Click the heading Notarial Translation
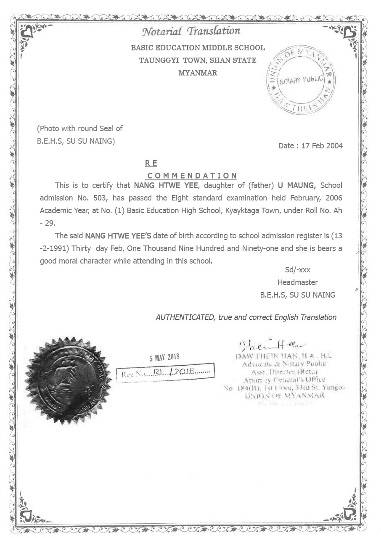(x=191, y=32)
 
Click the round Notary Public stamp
(x=301, y=80)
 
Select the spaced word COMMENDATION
(x=192, y=176)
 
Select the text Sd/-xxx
(x=297, y=270)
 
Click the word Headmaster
(x=297, y=282)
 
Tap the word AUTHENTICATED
(x=185, y=317)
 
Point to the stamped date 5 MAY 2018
(x=164, y=358)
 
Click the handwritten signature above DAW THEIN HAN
(x=272, y=345)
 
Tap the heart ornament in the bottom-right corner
(x=349, y=513)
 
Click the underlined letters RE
(x=151, y=164)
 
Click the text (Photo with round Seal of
(x=80, y=129)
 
